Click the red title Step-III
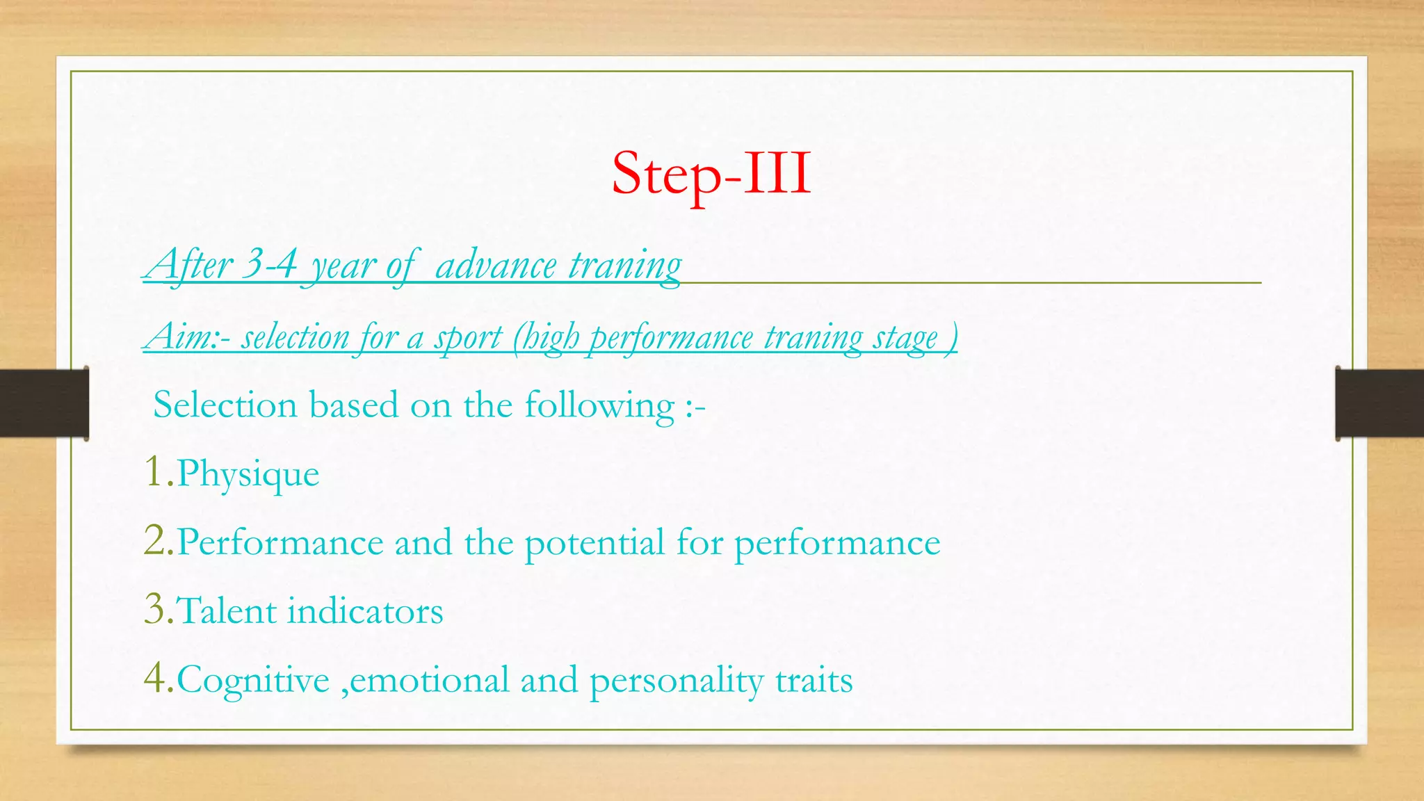711,174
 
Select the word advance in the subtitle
496,266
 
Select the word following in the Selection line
599,405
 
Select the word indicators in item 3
365,611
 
